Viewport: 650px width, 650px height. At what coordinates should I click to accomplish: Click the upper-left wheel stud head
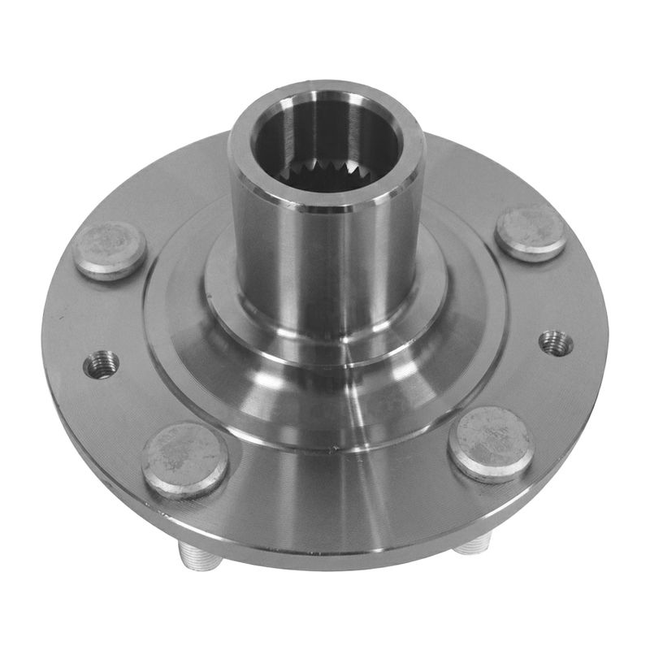click(110, 249)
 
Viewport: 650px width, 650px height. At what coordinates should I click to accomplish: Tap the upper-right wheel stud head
click(531, 232)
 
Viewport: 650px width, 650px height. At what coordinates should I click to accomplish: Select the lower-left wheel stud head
click(185, 460)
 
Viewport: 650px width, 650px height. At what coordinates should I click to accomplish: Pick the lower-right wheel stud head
click(492, 444)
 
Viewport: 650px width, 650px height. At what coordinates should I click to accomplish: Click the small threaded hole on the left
click(102, 363)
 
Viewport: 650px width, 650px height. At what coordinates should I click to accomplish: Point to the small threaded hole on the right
click(556, 343)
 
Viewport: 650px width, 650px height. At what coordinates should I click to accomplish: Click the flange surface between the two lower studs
click(341, 496)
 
